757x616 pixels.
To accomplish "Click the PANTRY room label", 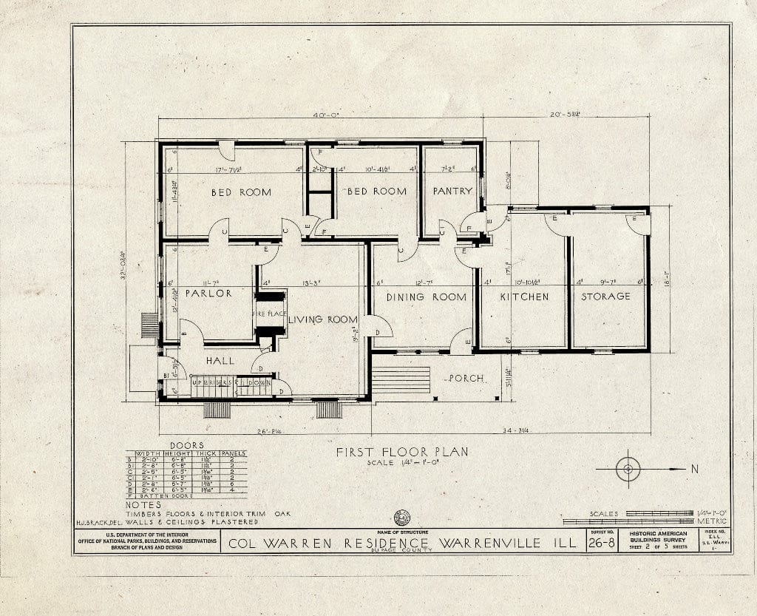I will (x=452, y=191).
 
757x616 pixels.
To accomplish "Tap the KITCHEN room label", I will (x=524, y=297).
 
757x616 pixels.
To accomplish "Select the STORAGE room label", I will (x=605, y=297).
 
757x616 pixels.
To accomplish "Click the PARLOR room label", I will (x=208, y=294).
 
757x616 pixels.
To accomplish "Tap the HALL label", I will (x=220, y=361).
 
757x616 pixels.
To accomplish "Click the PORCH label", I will (x=465, y=379).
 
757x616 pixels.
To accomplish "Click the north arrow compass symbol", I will (x=628, y=469).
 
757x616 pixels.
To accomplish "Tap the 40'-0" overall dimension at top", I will (x=324, y=115).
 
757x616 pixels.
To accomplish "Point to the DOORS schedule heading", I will (x=186, y=445).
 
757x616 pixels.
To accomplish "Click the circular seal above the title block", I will (x=402, y=518).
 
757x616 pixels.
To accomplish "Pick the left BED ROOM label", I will (x=241, y=192).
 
